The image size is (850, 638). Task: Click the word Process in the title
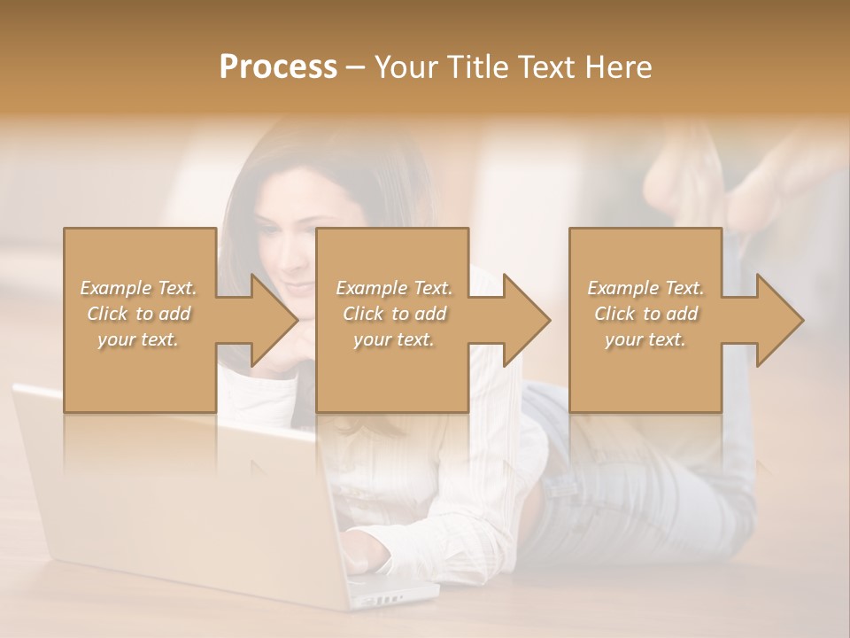[278, 67]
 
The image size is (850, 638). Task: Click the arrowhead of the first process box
[270, 320]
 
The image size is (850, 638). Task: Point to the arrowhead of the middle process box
[522, 320]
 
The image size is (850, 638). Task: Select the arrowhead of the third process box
[776, 320]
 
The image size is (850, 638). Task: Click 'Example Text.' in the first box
[138, 288]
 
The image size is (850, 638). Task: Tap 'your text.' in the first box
[138, 339]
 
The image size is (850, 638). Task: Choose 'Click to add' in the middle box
[394, 314]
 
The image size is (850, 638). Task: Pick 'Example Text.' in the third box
[645, 288]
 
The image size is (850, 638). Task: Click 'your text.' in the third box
[645, 339]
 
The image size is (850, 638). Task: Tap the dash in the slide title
[355, 67]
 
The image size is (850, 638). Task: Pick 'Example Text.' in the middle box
[394, 288]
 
